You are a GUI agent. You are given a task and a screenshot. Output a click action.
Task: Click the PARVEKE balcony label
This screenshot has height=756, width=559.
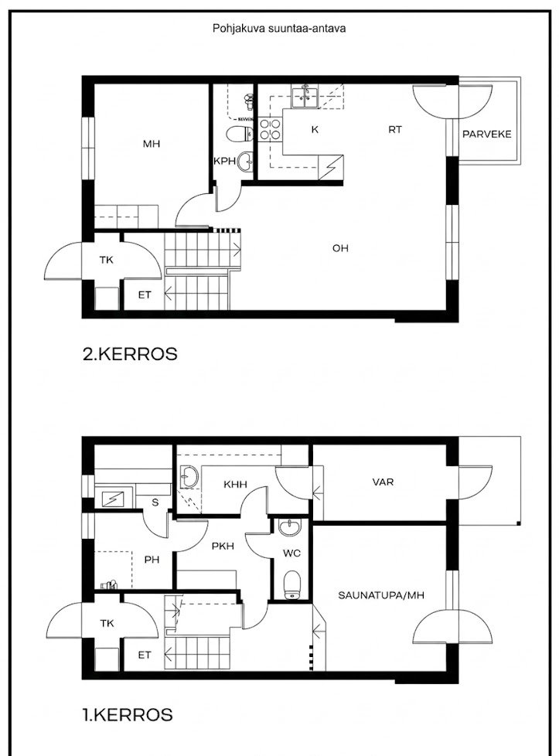coord(486,134)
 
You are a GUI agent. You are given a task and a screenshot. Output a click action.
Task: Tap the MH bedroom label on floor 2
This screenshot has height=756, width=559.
coord(152,144)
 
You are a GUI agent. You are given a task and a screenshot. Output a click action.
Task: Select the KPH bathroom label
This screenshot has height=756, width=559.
coord(225,161)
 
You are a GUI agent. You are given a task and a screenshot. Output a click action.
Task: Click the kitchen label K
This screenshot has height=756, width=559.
coord(315,130)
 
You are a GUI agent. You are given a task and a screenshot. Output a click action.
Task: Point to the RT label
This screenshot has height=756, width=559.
coord(395,129)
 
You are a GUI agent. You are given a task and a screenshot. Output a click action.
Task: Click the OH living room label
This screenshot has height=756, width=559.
coord(340,248)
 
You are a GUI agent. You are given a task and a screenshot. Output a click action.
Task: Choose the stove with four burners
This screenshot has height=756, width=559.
coord(270,129)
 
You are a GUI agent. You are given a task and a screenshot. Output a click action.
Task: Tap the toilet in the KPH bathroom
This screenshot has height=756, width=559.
coord(240,134)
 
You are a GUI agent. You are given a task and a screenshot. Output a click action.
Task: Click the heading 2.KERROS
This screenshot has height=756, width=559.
coord(130,354)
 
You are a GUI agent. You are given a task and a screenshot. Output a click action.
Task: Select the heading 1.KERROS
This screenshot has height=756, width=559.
coord(128,714)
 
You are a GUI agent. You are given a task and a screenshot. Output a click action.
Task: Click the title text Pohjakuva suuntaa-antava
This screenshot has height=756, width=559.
coord(279,29)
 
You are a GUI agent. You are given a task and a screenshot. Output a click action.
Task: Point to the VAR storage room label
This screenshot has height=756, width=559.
coord(383,482)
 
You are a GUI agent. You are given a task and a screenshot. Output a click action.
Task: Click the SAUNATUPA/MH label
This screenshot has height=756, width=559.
coord(381,595)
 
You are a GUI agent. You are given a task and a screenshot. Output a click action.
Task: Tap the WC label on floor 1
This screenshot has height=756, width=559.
coord(291,553)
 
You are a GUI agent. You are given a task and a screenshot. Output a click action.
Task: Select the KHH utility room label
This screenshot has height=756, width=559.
coord(235,484)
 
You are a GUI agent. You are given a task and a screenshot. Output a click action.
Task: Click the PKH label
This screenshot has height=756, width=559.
coord(223,547)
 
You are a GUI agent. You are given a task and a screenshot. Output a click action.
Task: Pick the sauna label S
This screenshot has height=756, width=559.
coord(155,502)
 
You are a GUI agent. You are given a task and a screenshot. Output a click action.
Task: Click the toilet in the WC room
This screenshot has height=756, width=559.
coord(292,585)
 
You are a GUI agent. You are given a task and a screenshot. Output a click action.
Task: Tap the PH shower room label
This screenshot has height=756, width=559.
coord(152,560)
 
